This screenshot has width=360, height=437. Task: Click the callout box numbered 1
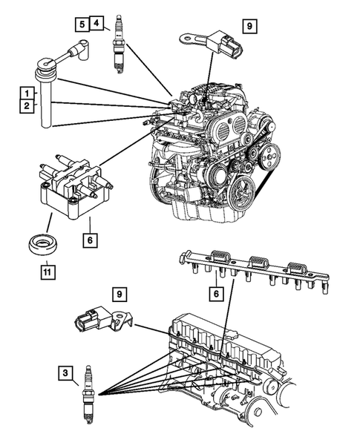tap(26, 93)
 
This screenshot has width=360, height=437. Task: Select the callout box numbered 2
tap(26, 107)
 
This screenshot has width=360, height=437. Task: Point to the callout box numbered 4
tap(98, 24)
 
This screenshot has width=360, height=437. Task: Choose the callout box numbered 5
tap(82, 24)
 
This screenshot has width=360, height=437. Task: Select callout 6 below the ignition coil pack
tap(88, 241)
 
